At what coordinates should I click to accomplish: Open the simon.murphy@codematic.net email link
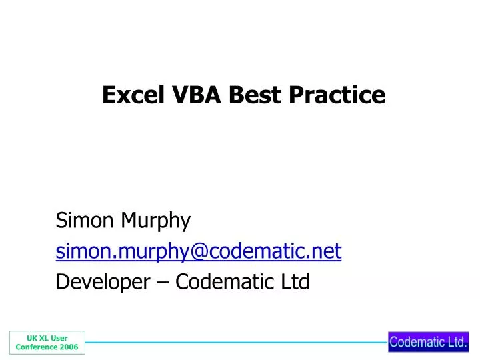point(199,251)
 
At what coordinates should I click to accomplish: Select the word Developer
point(102,283)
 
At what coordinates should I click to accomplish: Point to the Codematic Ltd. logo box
point(429,342)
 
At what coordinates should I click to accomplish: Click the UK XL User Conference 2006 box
point(47,343)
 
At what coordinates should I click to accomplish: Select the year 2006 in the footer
point(68,347)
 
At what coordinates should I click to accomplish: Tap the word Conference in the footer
point(35,347)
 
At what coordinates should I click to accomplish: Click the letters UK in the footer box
point(31,338)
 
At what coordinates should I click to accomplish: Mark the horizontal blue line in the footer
point(237,343)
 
